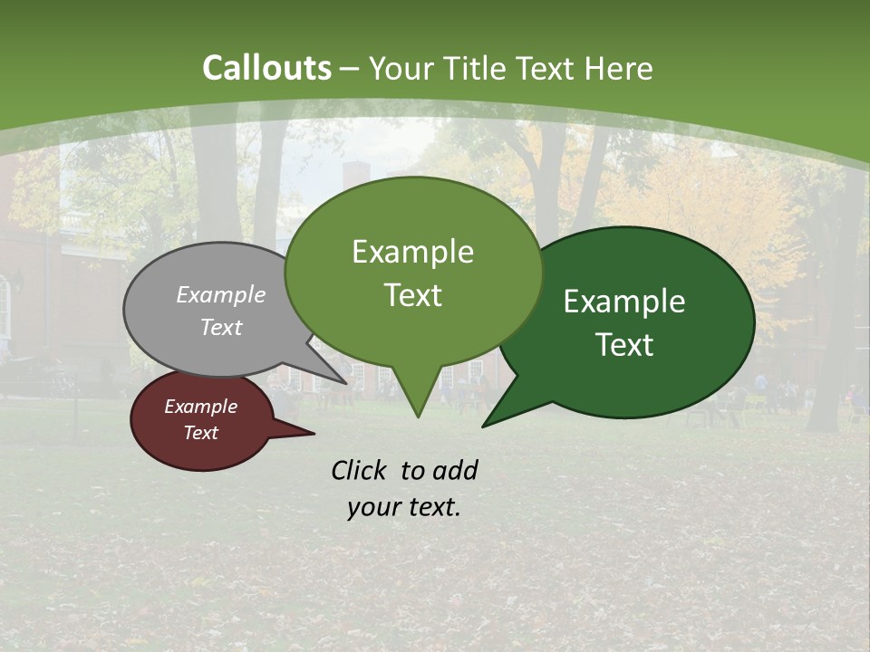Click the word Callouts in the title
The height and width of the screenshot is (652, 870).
[266, 68]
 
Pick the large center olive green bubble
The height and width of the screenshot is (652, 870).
[412, 335]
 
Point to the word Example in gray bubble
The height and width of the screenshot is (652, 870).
[221, 294]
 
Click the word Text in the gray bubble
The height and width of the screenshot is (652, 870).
[221, 327]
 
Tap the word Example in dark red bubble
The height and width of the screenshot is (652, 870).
[200, 407]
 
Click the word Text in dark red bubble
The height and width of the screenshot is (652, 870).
[200, 433]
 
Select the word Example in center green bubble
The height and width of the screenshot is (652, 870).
[412, 252]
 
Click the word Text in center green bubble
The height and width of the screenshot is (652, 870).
[412, 295]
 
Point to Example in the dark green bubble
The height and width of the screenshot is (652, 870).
[624, 302]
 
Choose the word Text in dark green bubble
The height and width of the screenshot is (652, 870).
[624, 345]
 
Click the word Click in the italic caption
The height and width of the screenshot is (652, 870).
[362, 470]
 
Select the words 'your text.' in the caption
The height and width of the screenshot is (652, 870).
[404, 507]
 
